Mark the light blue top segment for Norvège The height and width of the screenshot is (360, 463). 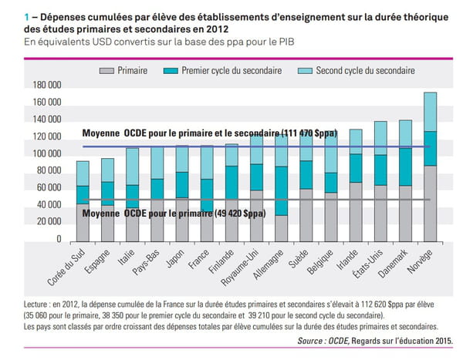431,112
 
